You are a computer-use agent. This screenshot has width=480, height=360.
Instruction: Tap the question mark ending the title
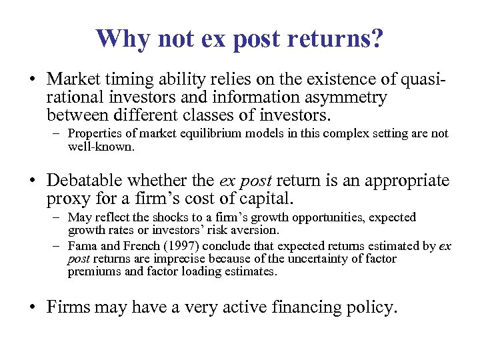[x=377, y=39]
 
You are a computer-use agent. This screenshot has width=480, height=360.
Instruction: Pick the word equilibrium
[x=220, y=133]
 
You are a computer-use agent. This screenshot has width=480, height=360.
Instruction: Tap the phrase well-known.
[x=101, y=145]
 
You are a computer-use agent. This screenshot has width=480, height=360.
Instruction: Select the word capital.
[x=265, y=198]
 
